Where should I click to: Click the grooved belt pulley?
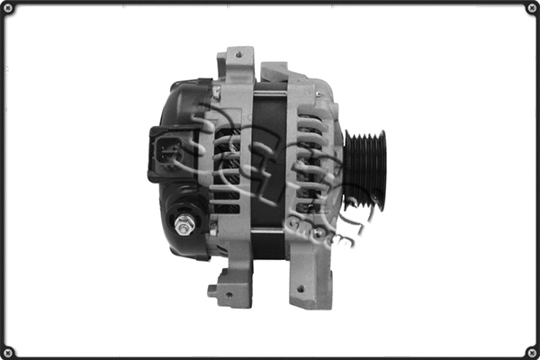click(364, 170)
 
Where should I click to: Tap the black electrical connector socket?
click(166, 153)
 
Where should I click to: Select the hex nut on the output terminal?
click(184, 225)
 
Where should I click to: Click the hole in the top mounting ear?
click(238, 55)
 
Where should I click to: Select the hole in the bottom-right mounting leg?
click(300, 289)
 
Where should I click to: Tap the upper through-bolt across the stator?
click(270, 94)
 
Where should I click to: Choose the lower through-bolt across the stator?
click(270, 231)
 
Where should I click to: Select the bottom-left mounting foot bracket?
click(229, 290)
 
